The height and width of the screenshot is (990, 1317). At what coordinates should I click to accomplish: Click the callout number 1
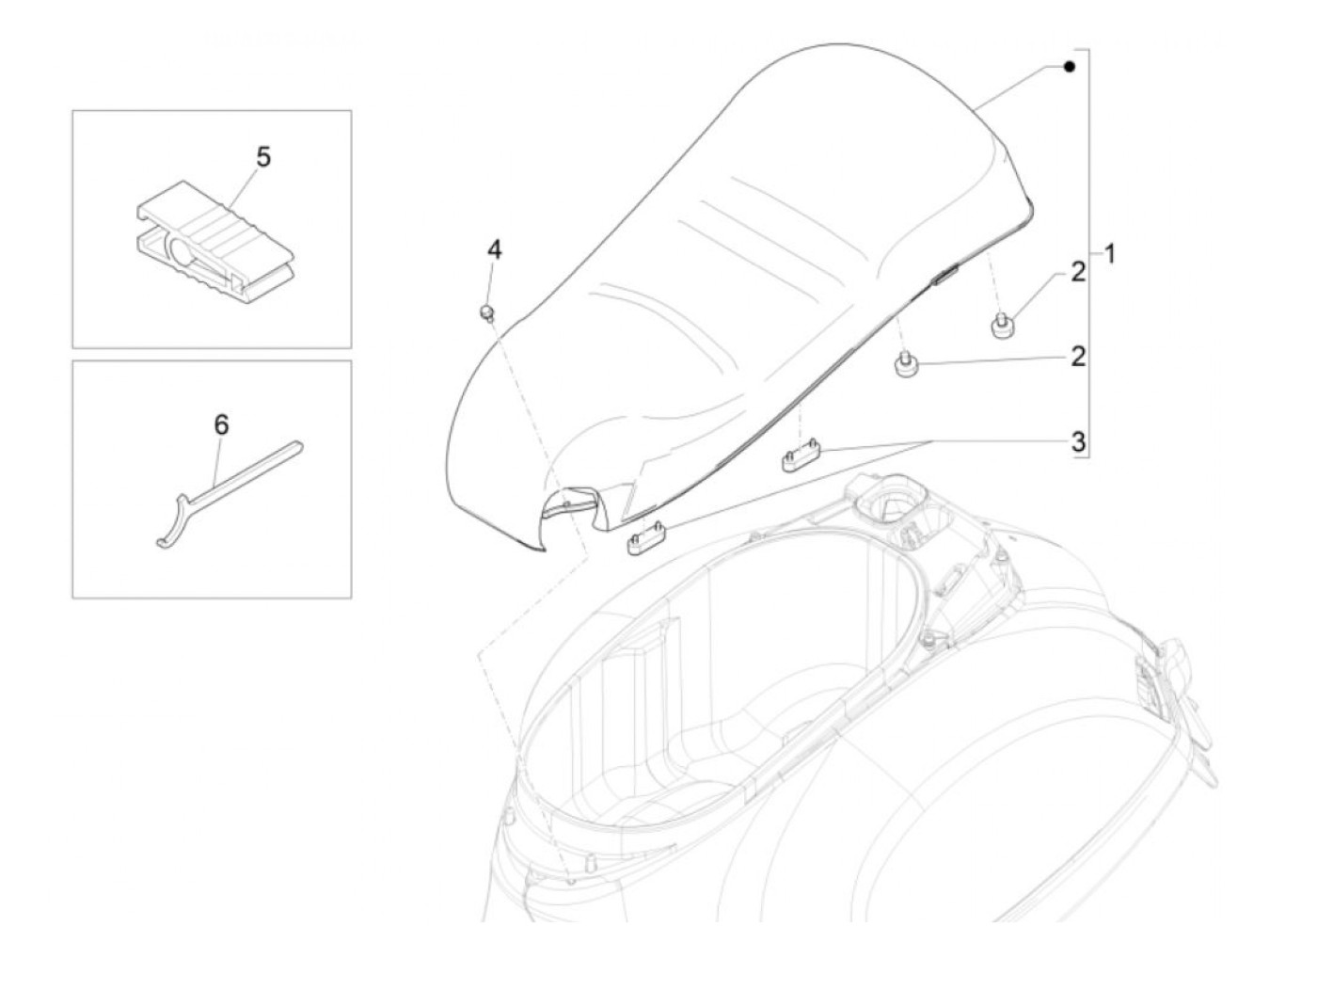(x=1110, y=254)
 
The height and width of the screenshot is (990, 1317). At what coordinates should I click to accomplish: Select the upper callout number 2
(x=1077, y=273)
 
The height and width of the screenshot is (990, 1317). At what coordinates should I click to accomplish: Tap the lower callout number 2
(x=1077, y=357)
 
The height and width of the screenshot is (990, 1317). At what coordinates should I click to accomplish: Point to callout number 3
(x=1078, y=440)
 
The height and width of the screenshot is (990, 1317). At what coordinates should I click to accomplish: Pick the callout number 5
(x=263, y=157)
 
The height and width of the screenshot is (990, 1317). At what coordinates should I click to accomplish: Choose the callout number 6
(x=221, y=425)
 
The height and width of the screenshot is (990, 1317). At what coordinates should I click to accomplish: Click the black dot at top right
(x=1069, y=67)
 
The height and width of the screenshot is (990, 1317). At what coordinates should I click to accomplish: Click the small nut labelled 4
(x=487, y=311)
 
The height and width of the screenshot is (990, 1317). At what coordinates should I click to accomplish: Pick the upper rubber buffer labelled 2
(x=1001, y=326)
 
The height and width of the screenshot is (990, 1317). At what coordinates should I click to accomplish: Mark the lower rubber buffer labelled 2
(x=909, y=365)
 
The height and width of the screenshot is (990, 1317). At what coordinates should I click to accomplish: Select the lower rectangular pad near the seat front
(x=647, y=540)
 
